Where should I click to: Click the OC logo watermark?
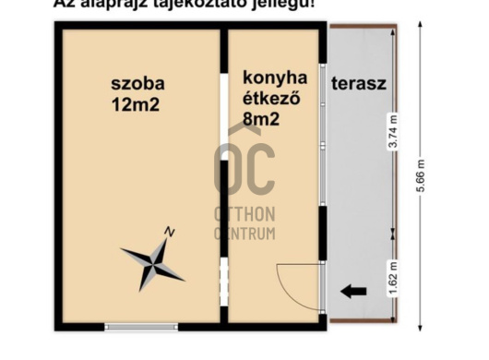244,168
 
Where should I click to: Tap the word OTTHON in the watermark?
244,214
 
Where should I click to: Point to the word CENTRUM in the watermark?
244,233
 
